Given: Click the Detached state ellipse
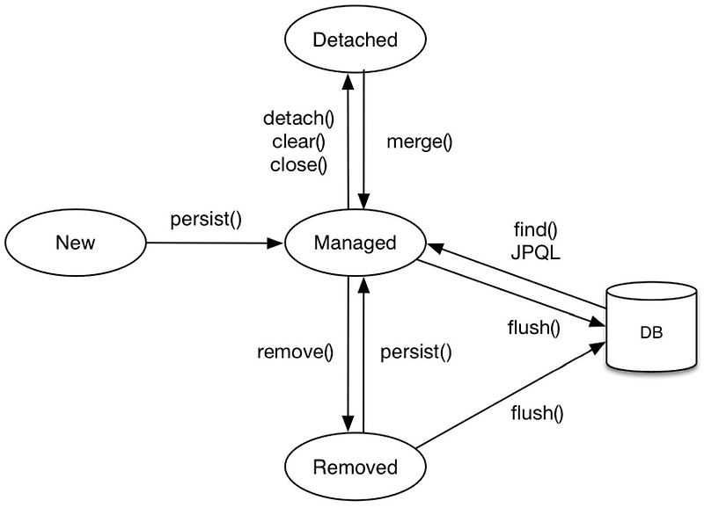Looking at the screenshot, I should click(x=356, y=40).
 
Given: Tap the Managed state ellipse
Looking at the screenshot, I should click(x=356, y=243).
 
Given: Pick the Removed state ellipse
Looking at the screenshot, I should click(x=356, y=467).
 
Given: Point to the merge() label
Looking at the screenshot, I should click(x=419, y=141).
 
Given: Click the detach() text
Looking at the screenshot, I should click(x=299, y=119).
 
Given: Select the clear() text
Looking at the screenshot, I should click(x=299, y=141).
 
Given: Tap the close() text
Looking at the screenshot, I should click(x=299, y=164).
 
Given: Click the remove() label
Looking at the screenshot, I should click(x=296, y=353).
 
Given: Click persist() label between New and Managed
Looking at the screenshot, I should click(x=205, y=219).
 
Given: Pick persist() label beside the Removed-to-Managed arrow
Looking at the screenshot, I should click(x=415, y=353).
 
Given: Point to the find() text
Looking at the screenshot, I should click(x=536, y=231).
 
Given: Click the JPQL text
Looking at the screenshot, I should click(x=536, y=253).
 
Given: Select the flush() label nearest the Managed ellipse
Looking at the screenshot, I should click(x=534, y=330).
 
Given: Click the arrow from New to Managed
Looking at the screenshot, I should click(x=211, y=243).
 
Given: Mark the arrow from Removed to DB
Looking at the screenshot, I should click(x=510, y=395).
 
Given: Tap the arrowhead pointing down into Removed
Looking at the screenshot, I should click(x=348, y=427).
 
